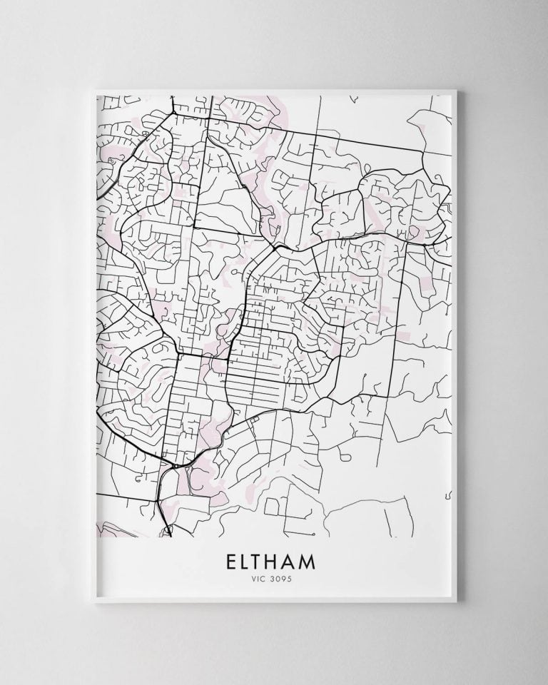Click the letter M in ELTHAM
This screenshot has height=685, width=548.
click(320, 562)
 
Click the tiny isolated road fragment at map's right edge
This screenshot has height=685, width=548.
click(449, 492)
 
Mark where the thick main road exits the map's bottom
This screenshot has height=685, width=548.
click(170, 532)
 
